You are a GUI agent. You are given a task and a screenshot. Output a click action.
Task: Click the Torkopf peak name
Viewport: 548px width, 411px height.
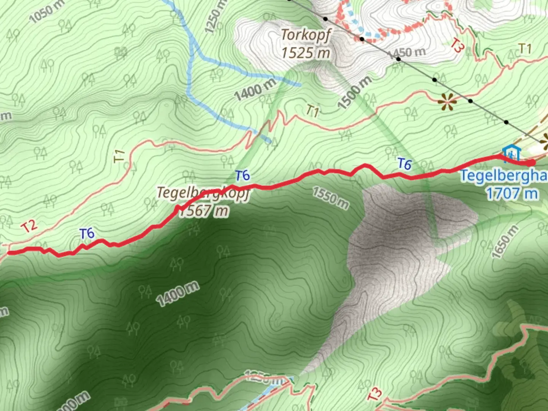point(306,35)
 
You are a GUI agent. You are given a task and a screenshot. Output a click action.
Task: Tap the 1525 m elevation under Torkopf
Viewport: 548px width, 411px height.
point(306,53)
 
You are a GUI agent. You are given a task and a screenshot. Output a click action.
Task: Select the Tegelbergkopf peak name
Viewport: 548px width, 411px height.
point(204,193)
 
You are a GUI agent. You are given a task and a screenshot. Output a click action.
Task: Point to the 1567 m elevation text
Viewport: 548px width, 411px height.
point(204,210)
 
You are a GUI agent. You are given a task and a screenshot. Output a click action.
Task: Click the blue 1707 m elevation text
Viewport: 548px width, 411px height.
point(512,193)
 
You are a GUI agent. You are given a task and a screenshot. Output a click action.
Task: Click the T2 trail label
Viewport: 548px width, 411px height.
point(29,226)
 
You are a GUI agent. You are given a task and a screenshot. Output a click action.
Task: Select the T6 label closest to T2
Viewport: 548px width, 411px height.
point(87,234)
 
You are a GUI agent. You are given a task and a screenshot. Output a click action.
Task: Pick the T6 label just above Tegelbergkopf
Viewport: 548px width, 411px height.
point(242,175)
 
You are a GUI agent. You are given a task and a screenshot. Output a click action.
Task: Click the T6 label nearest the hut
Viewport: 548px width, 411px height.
point(404,164)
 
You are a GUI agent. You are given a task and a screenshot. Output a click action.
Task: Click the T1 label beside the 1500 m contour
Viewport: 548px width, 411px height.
point(312,111)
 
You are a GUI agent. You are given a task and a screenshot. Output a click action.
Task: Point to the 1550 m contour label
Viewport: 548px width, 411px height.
point(330,198)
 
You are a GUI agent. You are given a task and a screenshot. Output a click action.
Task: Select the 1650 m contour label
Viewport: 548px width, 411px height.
point(505,242)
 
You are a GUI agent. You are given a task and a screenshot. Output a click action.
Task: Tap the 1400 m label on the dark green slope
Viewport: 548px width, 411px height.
point(177,294)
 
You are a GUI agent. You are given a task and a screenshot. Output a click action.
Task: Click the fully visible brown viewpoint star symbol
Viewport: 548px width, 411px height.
point(446,102)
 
